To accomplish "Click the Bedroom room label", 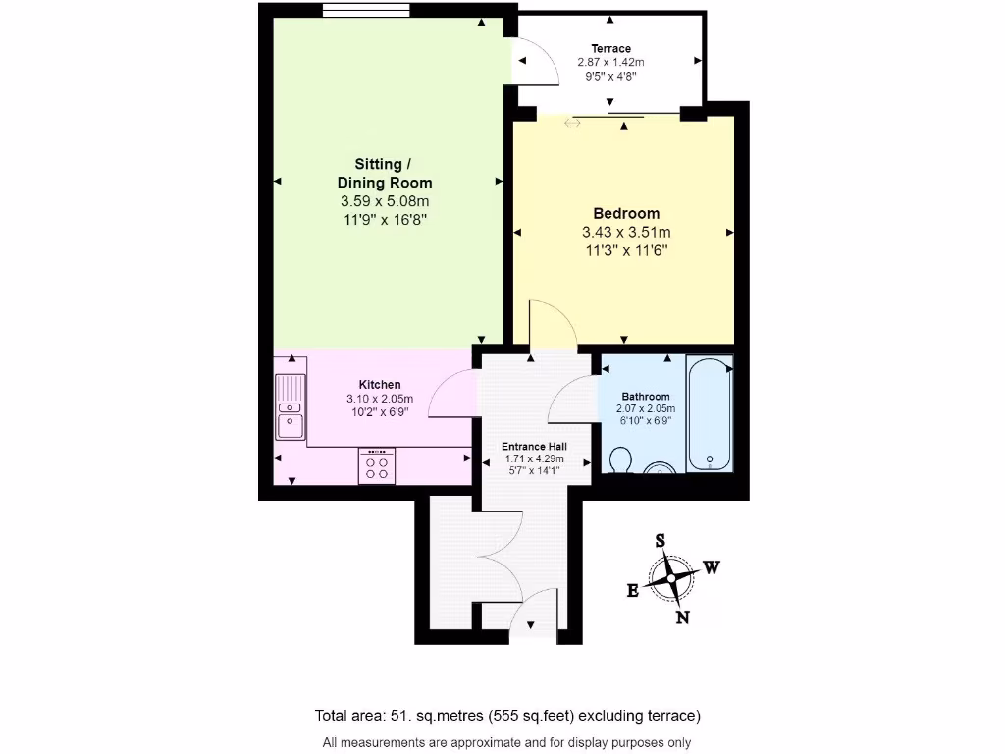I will [626, 213].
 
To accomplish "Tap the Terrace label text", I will [610, 48].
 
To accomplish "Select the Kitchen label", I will [379, 384].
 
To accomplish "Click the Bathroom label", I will [645, 397].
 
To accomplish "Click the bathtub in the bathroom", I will [709, 413].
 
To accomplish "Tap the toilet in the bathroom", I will [619, 459].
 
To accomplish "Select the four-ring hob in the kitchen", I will [376, 465].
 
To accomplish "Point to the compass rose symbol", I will [671, 578].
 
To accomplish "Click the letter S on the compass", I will [661, 541].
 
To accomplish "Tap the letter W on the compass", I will [712, 567].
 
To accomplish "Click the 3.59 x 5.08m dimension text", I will [385, 201].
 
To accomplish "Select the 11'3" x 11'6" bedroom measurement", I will [626, 250].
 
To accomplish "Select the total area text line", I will [507, 715].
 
